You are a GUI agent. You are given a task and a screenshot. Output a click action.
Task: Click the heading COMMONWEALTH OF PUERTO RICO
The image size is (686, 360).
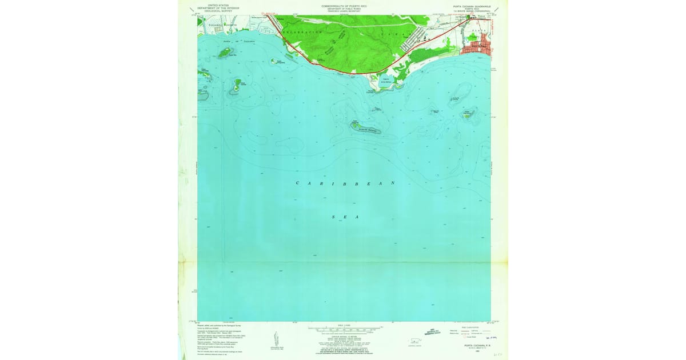click(344, 6)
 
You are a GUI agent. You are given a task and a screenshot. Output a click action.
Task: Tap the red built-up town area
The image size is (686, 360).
click(479, 46)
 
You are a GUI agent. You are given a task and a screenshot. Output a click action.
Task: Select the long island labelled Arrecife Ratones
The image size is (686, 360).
click(366, 129)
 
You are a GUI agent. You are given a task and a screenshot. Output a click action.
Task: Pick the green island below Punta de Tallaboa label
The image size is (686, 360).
click(224, 53)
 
